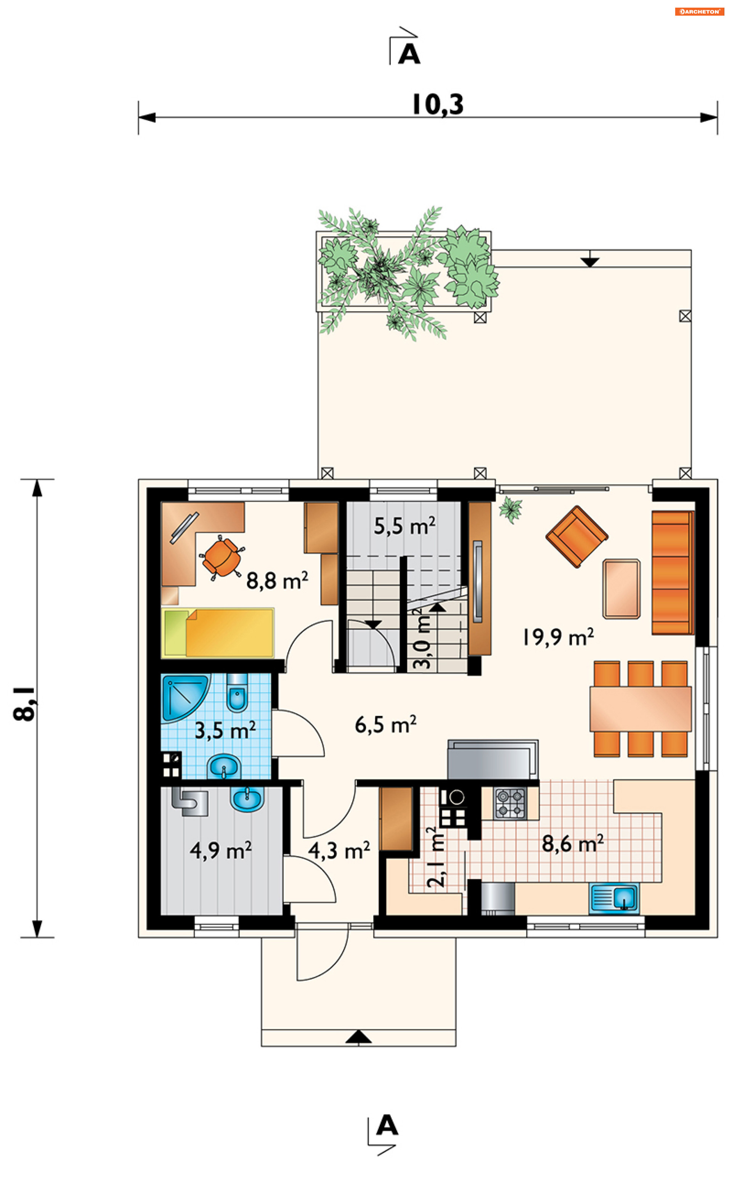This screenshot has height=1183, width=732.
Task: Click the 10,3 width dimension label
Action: (x=437, y=104)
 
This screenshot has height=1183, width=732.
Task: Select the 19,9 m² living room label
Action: (x=558, y=637)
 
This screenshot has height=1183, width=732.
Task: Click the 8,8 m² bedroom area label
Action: (x=277, y=580)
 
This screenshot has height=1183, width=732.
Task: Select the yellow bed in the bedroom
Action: (x=218, y=633)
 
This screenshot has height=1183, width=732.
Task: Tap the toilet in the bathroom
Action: (x=237, y=693)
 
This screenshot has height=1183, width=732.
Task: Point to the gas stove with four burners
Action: (x=510, y=803)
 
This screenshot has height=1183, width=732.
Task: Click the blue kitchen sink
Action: (x=614, y=898)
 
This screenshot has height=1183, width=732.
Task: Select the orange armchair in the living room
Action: (x=576, y=536)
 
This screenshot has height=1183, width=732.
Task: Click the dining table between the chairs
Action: (x=640, y=708)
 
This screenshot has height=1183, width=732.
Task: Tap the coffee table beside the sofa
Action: (x=621, y=589)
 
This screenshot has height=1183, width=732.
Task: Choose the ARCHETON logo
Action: (x=700, y=11)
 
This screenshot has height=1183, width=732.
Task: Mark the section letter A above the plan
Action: (x=409, y=54)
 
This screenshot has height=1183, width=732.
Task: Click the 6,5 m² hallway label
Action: (x=385, y=725)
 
